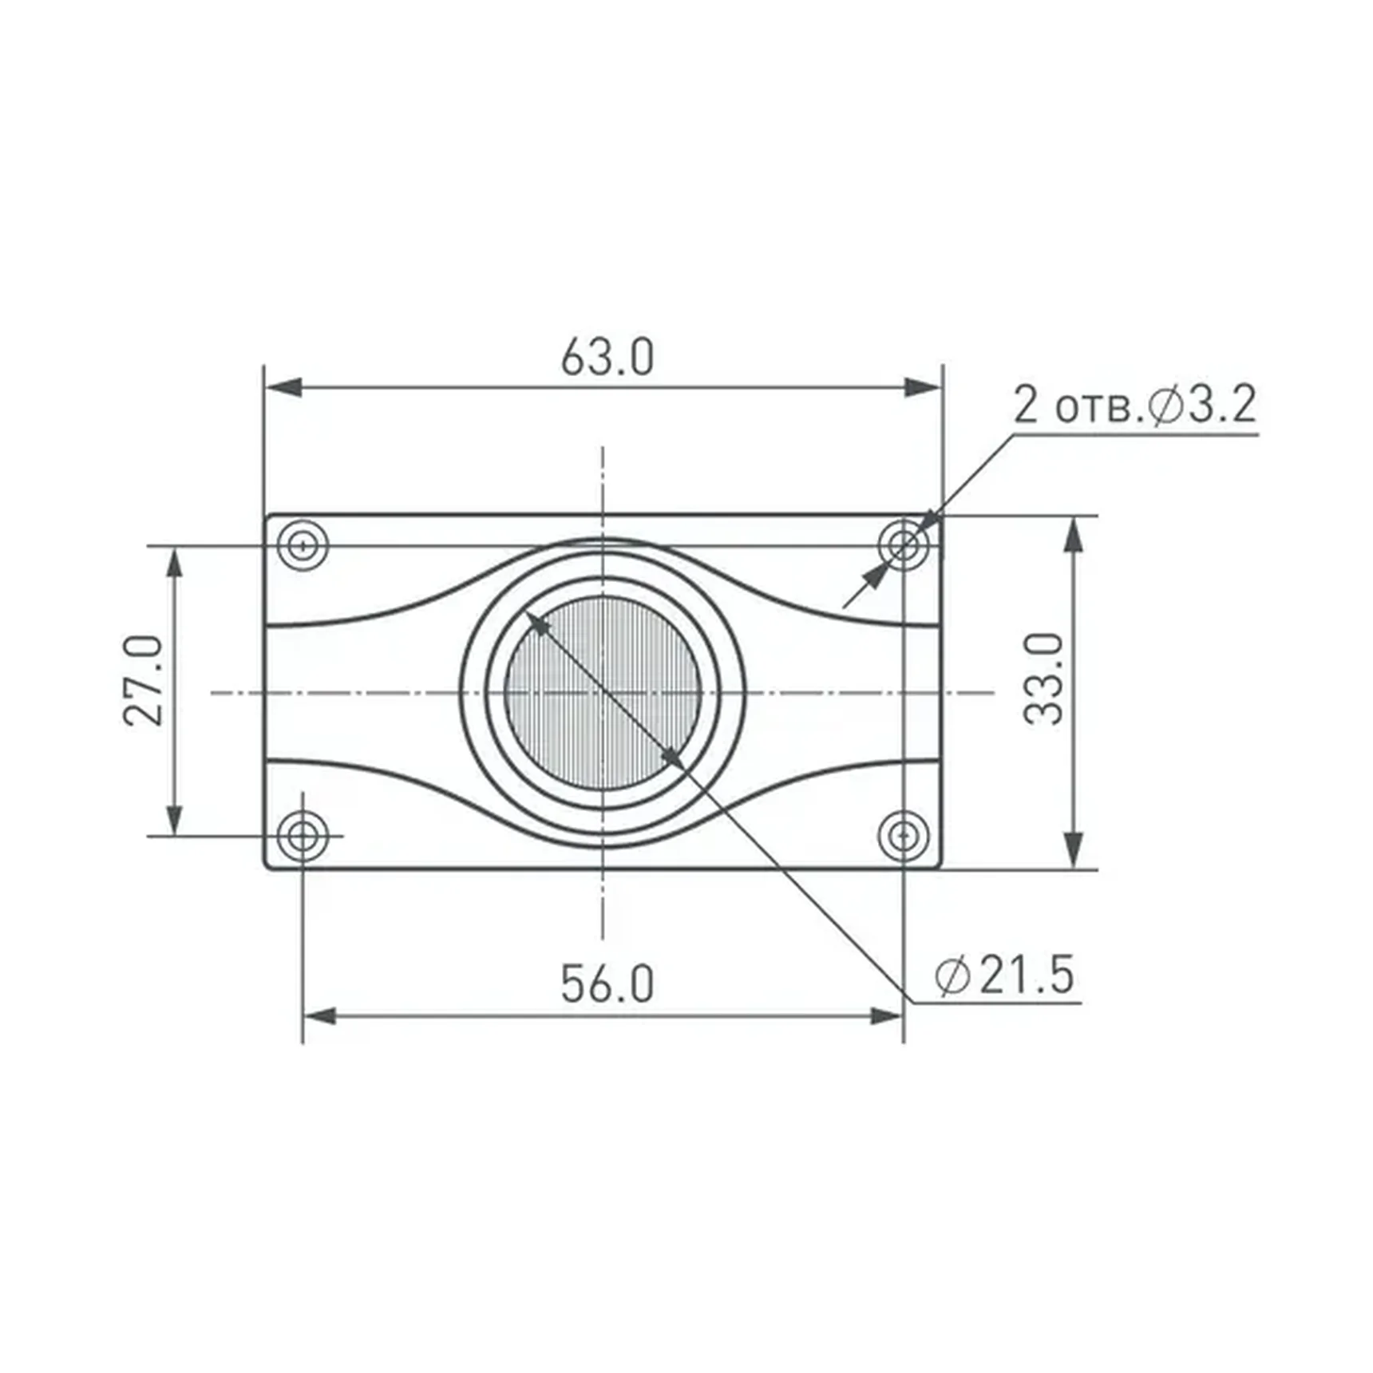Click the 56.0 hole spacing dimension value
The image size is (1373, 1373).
point(607,983)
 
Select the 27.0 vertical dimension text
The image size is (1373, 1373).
point(144,680)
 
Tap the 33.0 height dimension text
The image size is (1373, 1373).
point(1044,679)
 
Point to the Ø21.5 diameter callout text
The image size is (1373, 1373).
point(1005,975)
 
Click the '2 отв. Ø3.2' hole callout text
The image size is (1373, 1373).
point(1134,405)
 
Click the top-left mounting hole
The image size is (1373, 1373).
point(303,546)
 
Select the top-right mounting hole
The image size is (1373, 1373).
point(903,546)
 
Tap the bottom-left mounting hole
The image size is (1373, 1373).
point(303,836)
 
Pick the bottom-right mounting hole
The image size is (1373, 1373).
point(903,836)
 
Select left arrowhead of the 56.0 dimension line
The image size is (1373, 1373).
point(320,1016)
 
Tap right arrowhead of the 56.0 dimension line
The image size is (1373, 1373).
point(885,1016)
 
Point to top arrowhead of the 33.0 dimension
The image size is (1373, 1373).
point(1074,533)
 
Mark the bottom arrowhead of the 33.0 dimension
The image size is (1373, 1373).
point(1074,850)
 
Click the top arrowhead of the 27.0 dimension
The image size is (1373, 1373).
point(174,564)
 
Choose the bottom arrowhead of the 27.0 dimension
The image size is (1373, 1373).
point(174,819)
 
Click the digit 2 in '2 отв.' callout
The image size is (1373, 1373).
point(1026,405)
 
